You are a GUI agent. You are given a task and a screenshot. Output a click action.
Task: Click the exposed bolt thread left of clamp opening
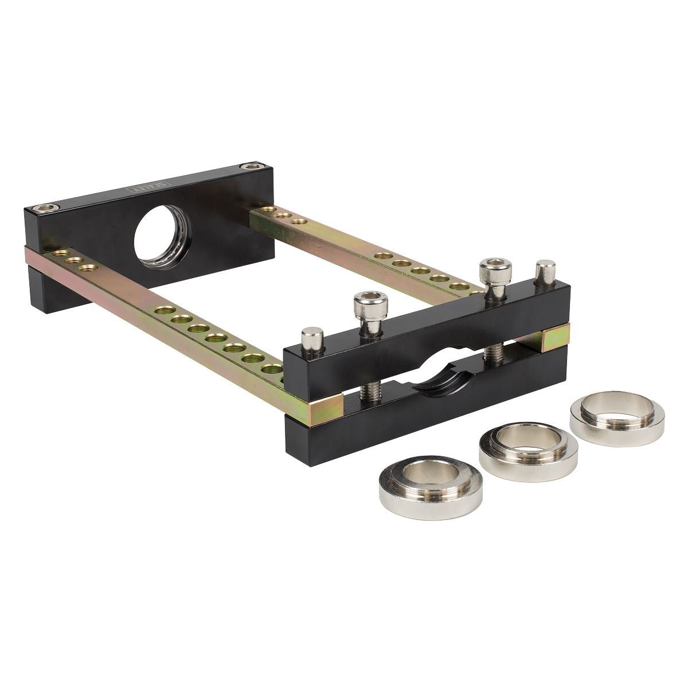(367, 393)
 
